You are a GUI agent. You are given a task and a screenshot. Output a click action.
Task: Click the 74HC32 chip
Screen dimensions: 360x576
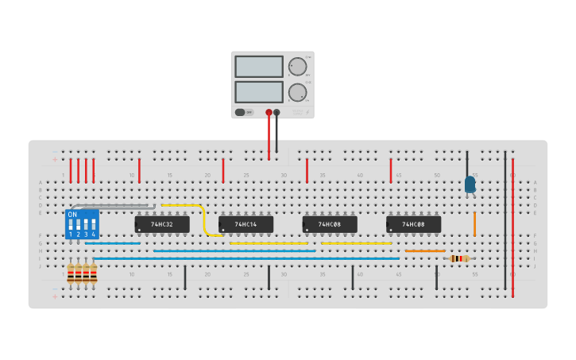pos(162,225)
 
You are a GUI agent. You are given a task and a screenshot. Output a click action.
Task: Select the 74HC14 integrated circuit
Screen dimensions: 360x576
pos(246,225)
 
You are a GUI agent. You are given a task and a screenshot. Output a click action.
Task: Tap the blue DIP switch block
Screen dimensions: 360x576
pos(82,224)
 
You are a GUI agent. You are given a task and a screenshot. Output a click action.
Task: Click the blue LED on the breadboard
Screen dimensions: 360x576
pos(470,184)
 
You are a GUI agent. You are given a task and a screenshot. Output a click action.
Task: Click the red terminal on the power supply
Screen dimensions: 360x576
pos(269,112)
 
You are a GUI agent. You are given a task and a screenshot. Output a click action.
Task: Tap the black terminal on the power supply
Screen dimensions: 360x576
pos(276,112)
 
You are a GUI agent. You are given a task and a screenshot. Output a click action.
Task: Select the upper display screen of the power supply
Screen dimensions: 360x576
pos(259,66)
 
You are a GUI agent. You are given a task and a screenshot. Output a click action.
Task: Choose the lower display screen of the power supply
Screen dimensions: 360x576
pos(259,91)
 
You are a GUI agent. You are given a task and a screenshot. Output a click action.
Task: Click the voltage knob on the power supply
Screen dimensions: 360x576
pos(297,66)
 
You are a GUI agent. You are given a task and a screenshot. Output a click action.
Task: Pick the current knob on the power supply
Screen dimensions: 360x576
pos(297,92)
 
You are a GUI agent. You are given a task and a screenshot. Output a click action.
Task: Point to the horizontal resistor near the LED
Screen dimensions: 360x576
pos(458,258)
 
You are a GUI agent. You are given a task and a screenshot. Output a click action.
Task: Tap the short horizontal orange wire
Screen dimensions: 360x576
pos(425,251)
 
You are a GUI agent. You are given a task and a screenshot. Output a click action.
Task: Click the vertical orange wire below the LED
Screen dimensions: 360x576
pos(474,223)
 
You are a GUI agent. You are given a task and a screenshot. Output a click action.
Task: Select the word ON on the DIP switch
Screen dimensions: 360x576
pos(72,215)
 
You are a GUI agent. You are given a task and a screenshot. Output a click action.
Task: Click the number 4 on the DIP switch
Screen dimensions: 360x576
pos(94,234)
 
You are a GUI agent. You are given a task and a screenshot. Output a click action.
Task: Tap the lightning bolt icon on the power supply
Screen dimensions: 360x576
pos(307,112)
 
